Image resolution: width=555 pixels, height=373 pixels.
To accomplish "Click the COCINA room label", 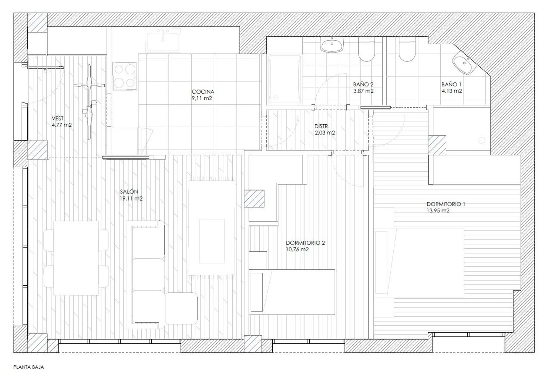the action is pos(203,92).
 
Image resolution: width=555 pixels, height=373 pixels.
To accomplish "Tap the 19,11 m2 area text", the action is pos(131,198).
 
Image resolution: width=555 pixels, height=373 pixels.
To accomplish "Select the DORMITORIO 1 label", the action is pos(446,204).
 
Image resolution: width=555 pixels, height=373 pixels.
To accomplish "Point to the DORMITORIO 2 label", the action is pos(305,243).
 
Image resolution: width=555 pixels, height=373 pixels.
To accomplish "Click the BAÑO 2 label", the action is pos(363,84).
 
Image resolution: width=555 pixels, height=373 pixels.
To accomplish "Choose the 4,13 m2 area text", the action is pos(452,91).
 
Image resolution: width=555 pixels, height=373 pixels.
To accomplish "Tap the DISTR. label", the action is pos(322,127).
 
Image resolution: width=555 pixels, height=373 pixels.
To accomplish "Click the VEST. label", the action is pos(58,118).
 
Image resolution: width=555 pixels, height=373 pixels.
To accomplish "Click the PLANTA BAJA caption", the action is pos(28,367).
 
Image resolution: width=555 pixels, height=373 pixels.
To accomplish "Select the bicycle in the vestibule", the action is pos(89,102).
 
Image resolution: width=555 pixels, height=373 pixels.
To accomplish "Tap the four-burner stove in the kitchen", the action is pos(124,76).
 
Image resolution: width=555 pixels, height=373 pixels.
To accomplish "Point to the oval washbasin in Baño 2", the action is pos(332,45).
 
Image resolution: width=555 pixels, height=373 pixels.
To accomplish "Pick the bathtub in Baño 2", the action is pos(285,79).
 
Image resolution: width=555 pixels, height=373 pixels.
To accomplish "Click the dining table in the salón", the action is pos(76,258).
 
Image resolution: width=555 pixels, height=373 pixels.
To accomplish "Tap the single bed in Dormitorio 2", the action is pos(292,292).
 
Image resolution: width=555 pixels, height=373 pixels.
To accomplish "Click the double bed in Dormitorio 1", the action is pos(419,263).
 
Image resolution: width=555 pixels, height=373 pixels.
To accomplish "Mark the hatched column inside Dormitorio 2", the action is pos(254,198).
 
